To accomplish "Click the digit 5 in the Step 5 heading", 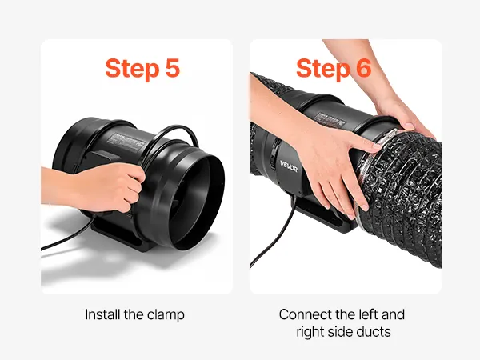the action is [172, 68].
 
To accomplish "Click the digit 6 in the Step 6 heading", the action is [364, 68].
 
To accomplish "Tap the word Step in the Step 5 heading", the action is [132, 69].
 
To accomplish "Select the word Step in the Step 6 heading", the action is [323, 69].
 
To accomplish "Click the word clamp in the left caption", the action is [166, 315].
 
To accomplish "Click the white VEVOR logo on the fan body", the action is [288, 166].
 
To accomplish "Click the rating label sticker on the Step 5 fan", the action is [126, 142].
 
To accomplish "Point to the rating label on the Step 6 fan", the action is [330, 120].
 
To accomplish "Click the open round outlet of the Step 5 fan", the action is [196, 201].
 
